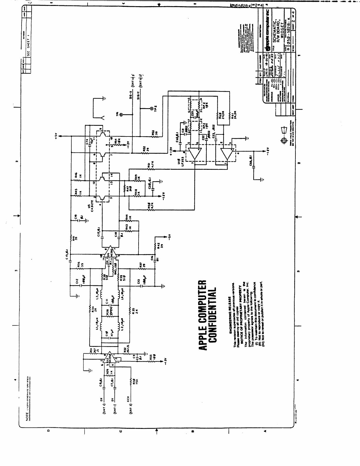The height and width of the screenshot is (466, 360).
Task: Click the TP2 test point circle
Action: click(x=152, y=108)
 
